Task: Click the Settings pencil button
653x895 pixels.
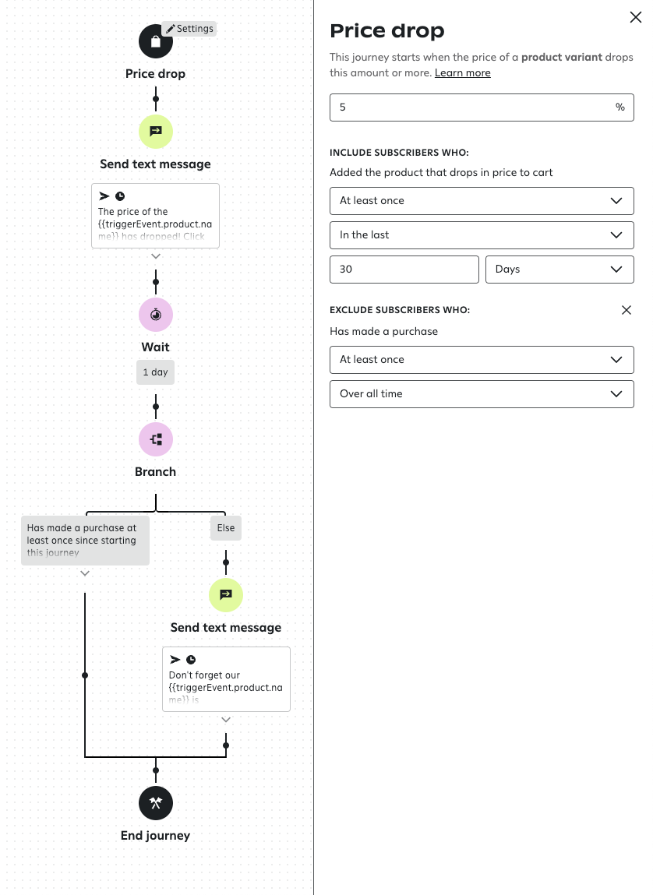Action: coord(189,29)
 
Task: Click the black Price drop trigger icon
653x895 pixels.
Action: coord(156,41)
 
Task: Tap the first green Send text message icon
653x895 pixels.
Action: coord(156,131)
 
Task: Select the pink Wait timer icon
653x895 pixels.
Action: coord(156,315)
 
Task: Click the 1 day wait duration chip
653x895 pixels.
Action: coord(156,372)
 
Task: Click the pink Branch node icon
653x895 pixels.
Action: coord(156,439)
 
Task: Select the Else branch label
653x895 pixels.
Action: coord(226,528)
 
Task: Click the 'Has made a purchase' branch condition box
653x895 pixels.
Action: coord(85,540)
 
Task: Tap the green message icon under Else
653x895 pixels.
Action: coord(226,595)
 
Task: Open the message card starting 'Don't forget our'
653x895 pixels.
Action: coord(226,678)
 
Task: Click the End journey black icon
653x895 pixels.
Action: coord(156,803)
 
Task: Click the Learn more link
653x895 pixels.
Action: coord(463,72)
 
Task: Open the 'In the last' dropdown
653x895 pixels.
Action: coord(482,234)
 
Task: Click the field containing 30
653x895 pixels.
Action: coord(404,269)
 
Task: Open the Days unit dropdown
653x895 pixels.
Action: coord(559,269)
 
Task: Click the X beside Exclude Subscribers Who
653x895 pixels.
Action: coord(627,310)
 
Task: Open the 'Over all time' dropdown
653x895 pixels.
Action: coord(482,393)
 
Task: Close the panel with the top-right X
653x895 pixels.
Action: coord(635,17)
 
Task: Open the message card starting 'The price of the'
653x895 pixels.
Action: coord(156,216)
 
